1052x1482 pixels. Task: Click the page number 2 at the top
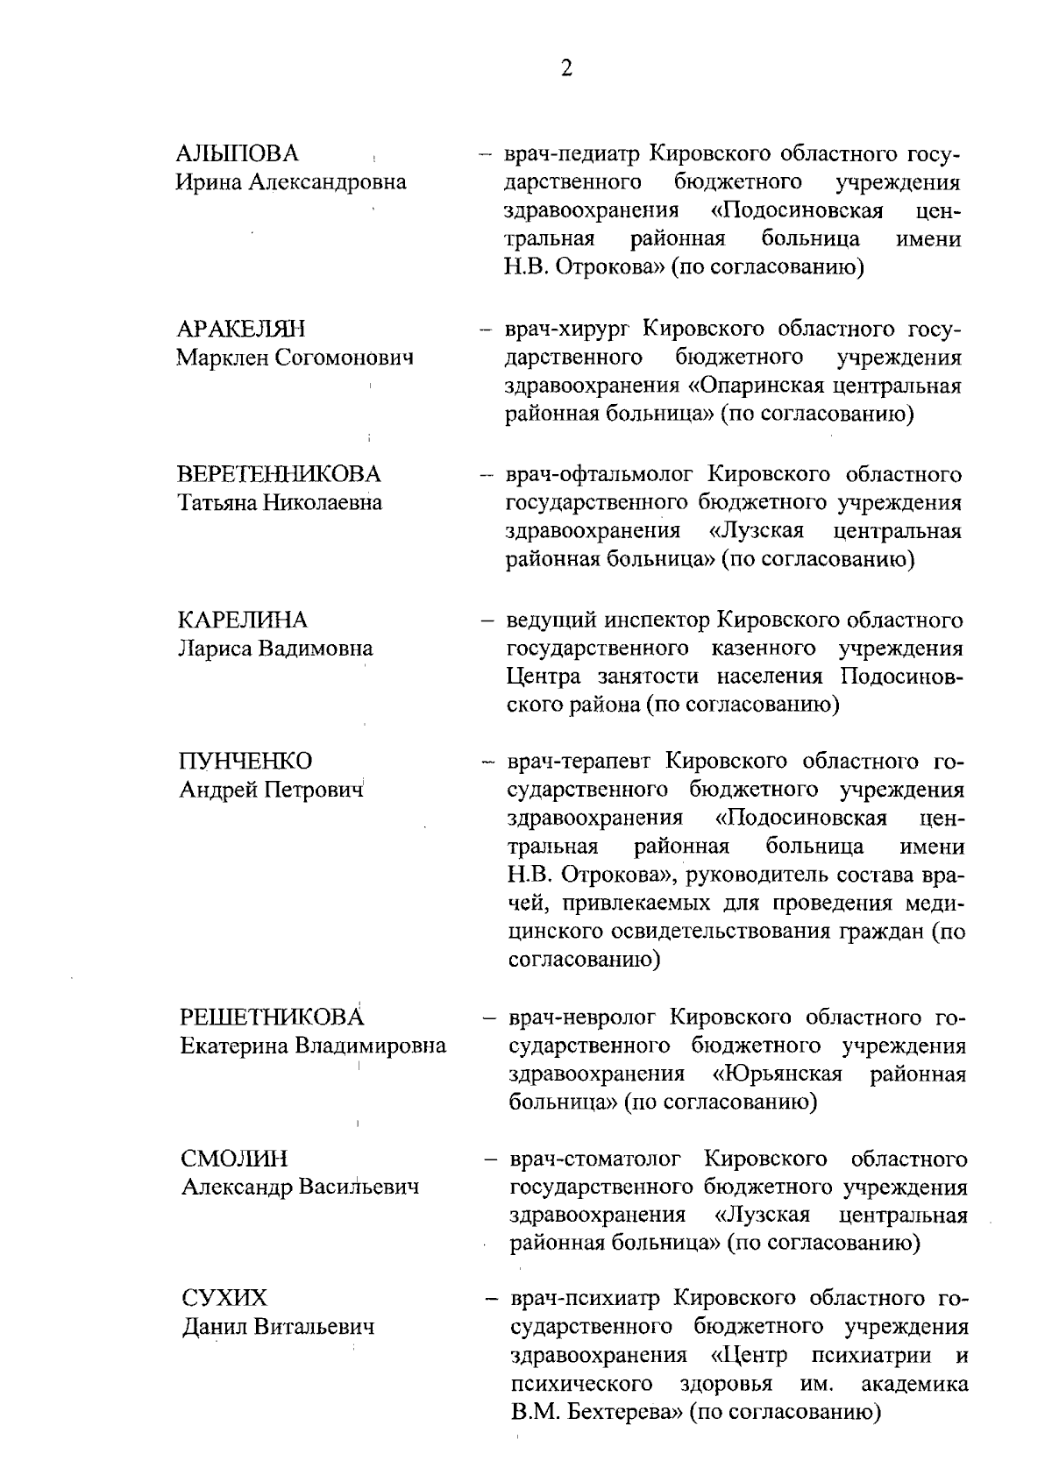point(566,69)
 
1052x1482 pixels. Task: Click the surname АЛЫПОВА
point(238,154)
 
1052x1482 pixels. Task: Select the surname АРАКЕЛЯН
point(241,330)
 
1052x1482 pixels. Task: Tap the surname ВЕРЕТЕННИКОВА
point(280,475)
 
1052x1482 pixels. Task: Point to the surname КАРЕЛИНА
point(243,620)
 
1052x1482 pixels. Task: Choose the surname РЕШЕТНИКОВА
point(272,1018)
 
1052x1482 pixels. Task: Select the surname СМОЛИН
point(234,1159)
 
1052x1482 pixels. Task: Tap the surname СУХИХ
point(224,1298)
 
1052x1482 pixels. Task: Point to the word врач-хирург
point(568,330)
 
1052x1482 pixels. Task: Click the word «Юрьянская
point(778,1074)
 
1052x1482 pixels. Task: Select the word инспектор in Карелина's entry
point(657,621)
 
